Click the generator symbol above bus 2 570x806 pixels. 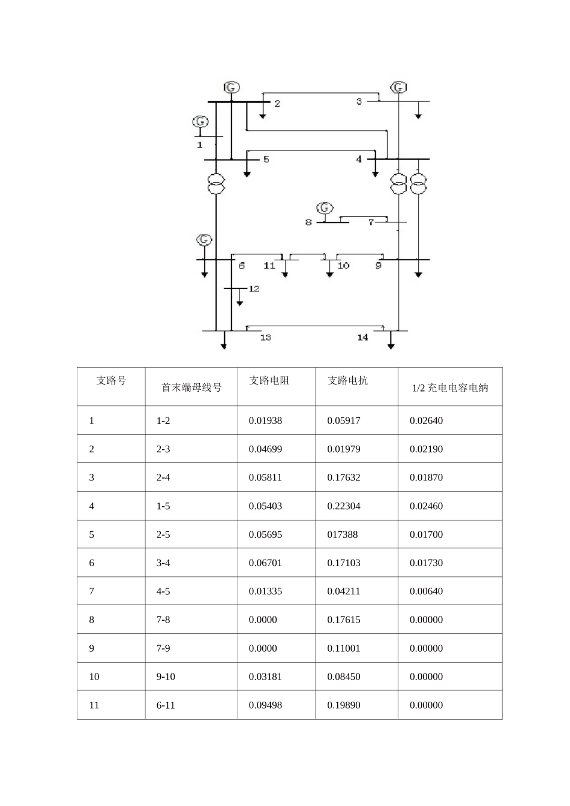coord(232,88)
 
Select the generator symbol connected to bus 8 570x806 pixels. coord(325,208)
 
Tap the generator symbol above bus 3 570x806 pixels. coord(398,88)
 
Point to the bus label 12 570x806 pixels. coord(254,289)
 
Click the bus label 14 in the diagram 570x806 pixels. coord(362,338)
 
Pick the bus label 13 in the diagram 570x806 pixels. coord(265,338)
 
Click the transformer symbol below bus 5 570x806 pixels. coord(216,184)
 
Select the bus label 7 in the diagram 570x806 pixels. coord(371,222)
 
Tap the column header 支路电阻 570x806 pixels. coord(269,381)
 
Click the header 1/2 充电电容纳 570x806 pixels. coord(449,388)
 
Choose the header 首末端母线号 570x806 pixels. coord(191,388)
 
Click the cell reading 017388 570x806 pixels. coord(343,534)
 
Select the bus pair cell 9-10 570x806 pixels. coord(166,676)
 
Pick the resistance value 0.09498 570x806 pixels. coord(265,705)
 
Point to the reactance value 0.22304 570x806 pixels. coord(344,506)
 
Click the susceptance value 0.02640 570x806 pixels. coord(426,421)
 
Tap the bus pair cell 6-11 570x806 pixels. coord(166,705)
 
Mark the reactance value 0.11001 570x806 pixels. coord(344,648)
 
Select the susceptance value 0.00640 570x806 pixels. coord(426,591)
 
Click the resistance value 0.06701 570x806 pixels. coord(265,563)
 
